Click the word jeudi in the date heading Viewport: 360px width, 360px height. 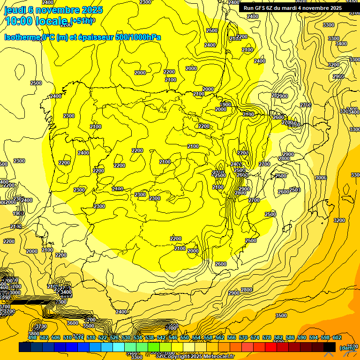click(16, 10)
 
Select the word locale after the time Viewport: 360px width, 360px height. click(52, 21)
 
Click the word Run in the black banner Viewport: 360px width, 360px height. click(249, 8)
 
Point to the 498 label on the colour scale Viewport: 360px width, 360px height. click(32, 337)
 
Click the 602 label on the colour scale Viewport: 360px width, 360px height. click(337, 337)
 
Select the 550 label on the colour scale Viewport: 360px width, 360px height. click(185, 337)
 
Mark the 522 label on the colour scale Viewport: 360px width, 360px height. click(103, 337)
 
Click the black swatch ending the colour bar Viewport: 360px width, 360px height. click(330, 347)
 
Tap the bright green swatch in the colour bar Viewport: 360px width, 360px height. click(154, 347)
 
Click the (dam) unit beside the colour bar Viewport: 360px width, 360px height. click(347, 347)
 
